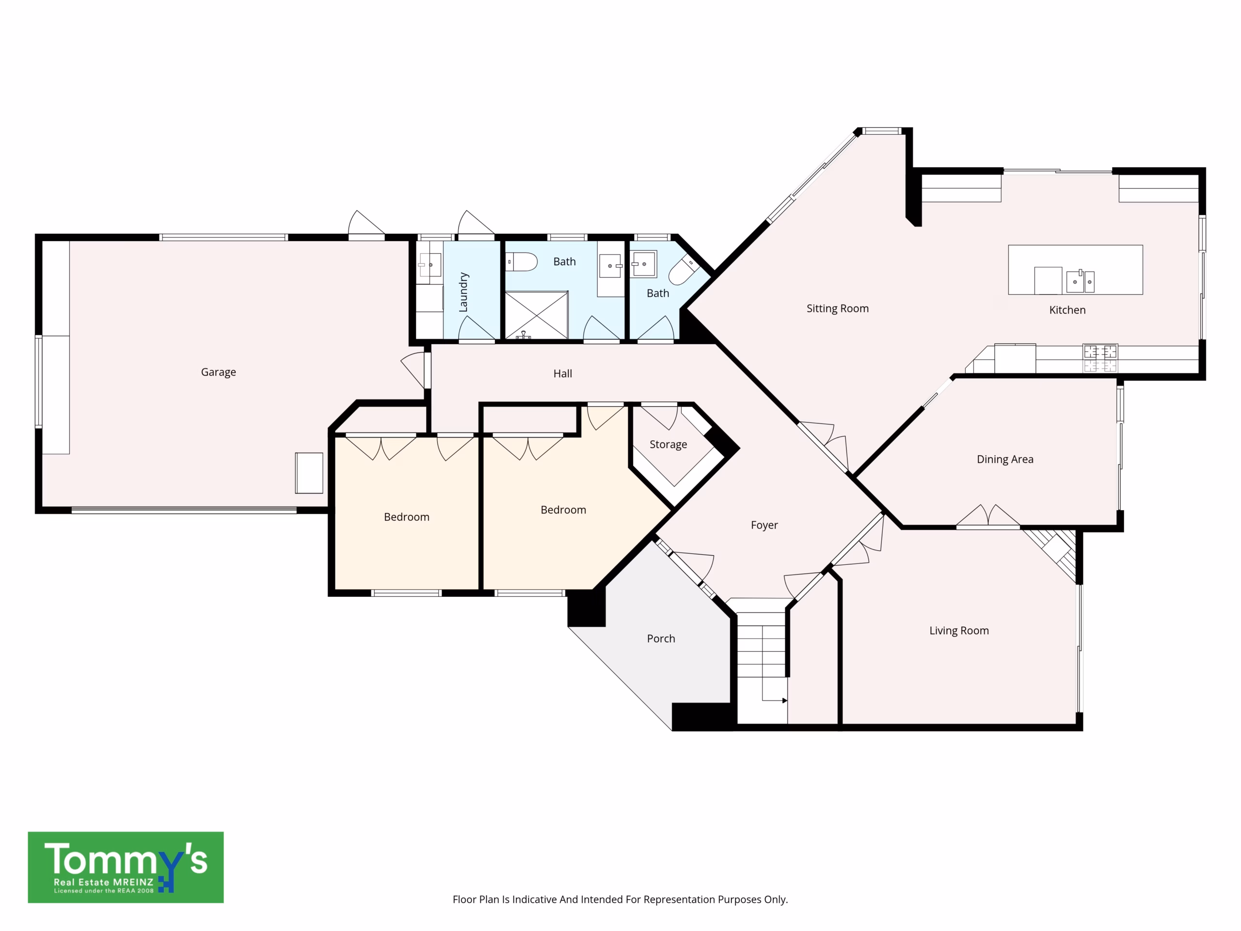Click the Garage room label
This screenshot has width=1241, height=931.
point(218,372)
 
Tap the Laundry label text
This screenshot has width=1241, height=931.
point(463,292)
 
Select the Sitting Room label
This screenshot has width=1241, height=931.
point(838,309)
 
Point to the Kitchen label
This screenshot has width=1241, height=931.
point(1067,310)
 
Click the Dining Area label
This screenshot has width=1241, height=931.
point(1005,459)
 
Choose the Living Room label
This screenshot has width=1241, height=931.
point(959,630)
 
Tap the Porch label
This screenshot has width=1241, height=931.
point(661,639)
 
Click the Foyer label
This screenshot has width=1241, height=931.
point(764,525)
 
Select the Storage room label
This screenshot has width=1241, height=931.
point(668,445)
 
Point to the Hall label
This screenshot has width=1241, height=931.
point(563,374)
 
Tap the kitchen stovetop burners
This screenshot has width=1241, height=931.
point(1099,358)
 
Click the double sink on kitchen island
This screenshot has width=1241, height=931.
point(1080,281)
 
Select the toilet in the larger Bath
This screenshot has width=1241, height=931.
point(522,262)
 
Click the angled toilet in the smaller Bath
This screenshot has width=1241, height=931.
point(684,271)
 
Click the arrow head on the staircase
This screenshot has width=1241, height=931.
point(784,700)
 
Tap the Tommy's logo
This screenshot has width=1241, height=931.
point(126,867)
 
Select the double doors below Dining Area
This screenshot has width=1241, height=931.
point(988,515)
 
